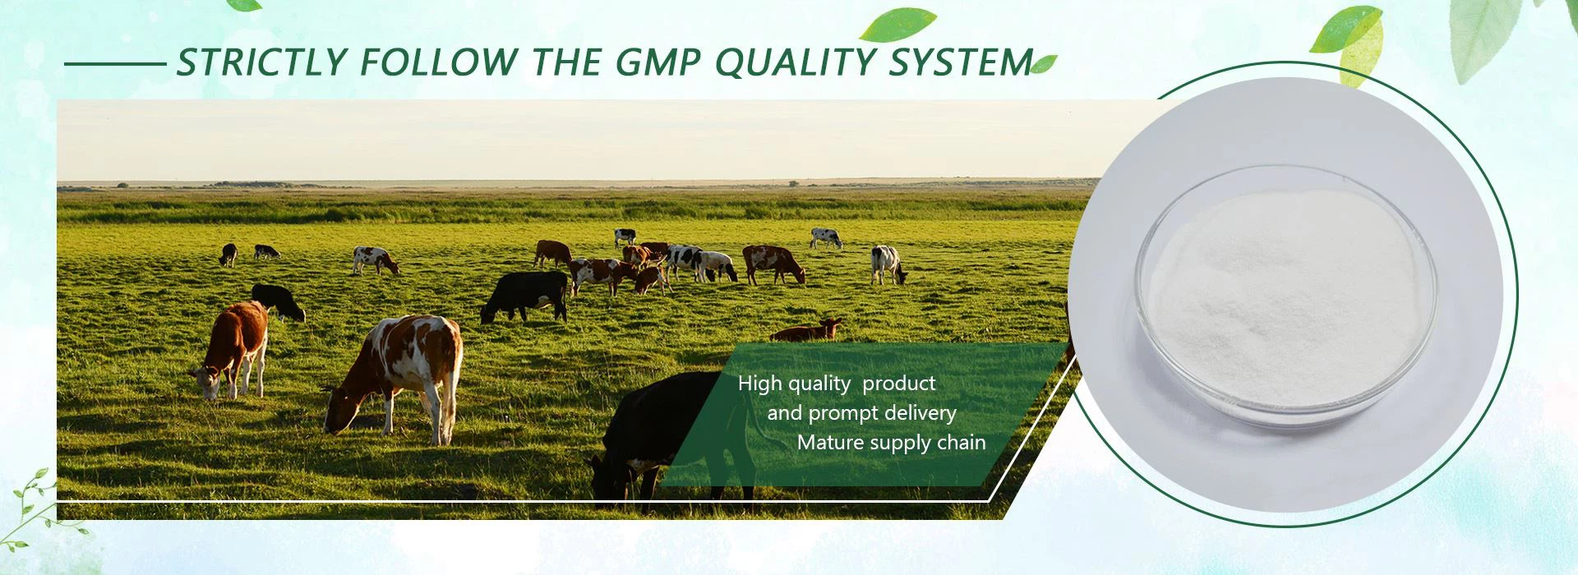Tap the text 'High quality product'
coord(837,384)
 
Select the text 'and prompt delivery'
coord(861,413)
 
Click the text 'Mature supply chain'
coord(891,443)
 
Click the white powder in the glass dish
coord(1286,296)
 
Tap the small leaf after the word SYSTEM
coord(1044,64)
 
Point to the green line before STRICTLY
coord(115,63)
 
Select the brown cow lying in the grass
coord(806,330)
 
